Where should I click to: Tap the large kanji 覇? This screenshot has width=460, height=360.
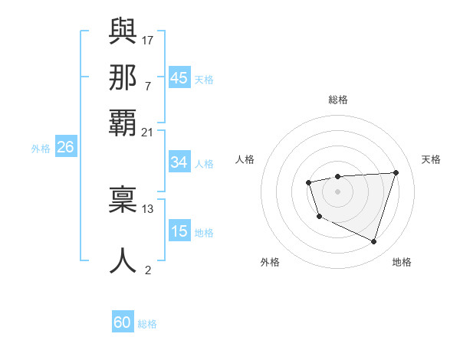123,123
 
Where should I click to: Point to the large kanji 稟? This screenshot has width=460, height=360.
123,201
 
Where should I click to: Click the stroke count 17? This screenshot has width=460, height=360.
147,38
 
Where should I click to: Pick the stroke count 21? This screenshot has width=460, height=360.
147,133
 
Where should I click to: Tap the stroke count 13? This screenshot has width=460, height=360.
147,208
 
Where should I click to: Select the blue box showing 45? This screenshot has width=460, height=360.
179,78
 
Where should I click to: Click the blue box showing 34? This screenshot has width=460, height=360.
179,162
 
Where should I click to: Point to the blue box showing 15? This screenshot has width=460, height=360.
179,231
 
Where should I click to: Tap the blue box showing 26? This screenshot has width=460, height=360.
65,148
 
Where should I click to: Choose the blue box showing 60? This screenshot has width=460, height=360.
123,323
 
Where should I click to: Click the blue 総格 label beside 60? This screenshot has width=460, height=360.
147,325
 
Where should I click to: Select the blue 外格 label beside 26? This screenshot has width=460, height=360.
41,149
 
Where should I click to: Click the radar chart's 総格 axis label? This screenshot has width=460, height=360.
337,100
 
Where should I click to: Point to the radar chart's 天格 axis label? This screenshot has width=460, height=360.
431,159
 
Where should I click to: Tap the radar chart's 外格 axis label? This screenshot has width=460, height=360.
270,262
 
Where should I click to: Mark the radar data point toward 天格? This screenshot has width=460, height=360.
396,172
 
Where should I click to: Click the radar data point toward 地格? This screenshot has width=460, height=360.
373,242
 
